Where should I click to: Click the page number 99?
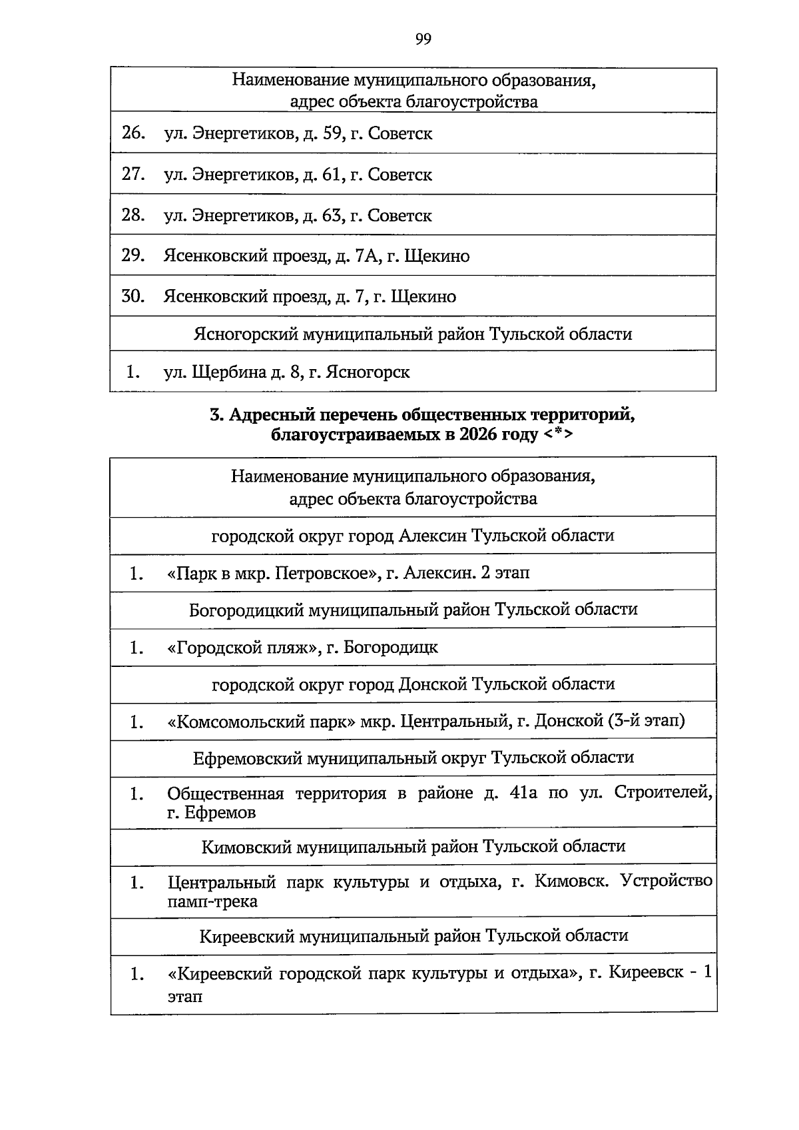coord(423,39)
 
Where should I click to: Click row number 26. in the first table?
coord(134,133)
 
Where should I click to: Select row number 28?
coord(134,215)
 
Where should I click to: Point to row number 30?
coord(134,296)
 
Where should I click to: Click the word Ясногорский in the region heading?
coord(246,334)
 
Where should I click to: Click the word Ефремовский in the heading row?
coord(246,758)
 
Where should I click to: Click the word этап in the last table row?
coord(184,997)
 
